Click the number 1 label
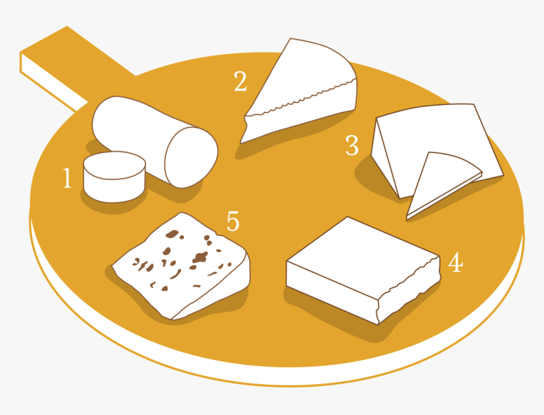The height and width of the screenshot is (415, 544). coord(67,178)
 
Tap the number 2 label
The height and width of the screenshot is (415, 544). coord(240,81)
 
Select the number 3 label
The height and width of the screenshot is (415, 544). coord(352,145)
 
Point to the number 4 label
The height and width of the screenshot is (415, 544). coord(455,262)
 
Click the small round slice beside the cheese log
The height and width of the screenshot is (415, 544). coord(114,177)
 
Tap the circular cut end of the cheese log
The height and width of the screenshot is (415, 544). coord(191,157)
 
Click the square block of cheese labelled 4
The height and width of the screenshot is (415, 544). coord(363,270)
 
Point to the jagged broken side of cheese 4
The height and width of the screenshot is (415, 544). coord(409,291)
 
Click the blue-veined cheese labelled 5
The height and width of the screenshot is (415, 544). coord(180,266)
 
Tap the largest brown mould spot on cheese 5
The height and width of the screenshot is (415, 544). coord(200,257)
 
